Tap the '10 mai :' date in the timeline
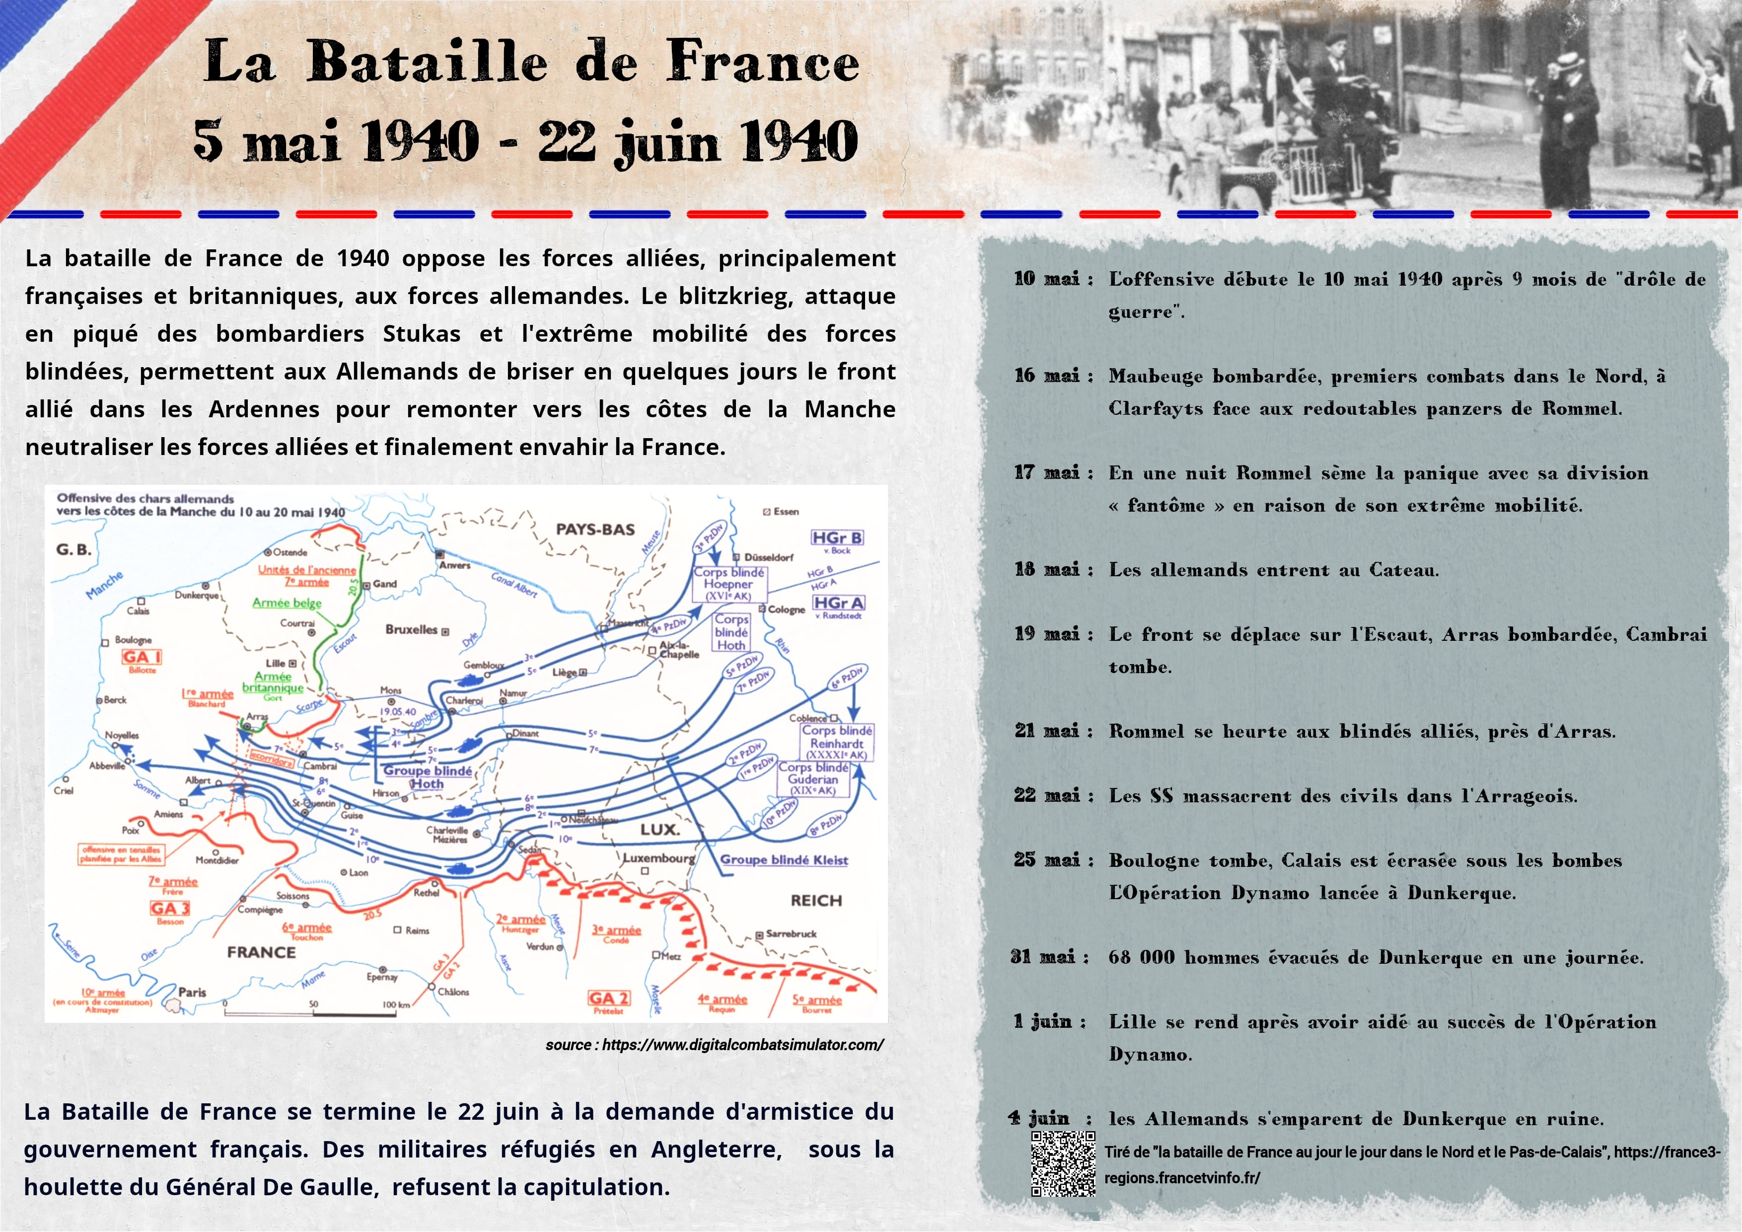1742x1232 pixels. (1053, 279)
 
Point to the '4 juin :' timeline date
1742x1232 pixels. (1050, 1118)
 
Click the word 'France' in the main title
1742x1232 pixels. (763, 62)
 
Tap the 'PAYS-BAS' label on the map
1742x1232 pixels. (595, 529)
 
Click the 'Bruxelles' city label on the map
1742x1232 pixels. (412, 629)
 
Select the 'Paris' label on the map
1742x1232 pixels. (192, 992)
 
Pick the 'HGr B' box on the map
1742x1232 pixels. (837, 538)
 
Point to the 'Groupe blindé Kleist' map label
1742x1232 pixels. (784, 859)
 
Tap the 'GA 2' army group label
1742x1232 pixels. (608, 998)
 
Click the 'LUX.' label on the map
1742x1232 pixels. (659, 830)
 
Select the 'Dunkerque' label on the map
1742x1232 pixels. (197, 595)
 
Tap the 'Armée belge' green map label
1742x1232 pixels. (287, 603)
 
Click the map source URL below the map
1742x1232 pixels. (714, 1045)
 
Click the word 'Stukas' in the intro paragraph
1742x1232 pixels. (421, 333)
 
